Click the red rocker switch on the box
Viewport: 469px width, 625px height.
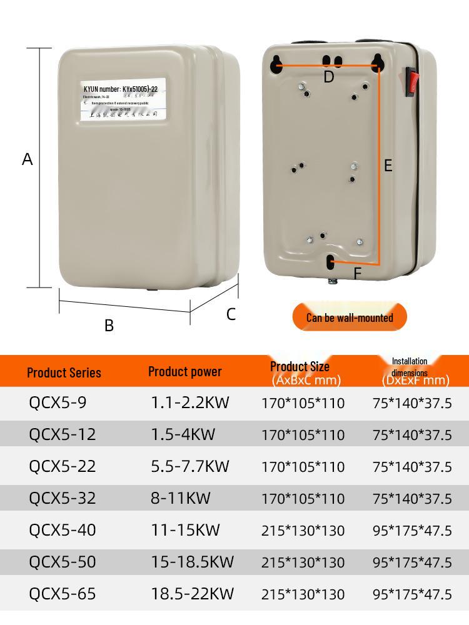(411, 82)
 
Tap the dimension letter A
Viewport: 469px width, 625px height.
(27, 159)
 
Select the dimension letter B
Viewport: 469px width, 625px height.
(109, 326)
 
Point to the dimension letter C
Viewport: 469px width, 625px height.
(231, 314)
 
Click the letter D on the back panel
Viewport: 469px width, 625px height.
(329, 77)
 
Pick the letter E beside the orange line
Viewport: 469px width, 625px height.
(388, 166)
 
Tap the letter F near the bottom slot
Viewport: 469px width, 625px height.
(357, 274)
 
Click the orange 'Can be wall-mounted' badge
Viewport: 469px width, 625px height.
(350, 317)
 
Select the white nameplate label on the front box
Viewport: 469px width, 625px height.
(124, 100)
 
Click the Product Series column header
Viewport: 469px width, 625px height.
(64, 372)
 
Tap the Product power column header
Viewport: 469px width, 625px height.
(184, 371)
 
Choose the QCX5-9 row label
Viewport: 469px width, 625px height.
(58, 402)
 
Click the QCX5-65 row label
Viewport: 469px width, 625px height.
(63, 593)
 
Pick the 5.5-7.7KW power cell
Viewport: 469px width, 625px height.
(189, 466)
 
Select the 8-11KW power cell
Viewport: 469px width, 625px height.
(180, 498)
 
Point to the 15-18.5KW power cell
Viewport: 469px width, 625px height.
(192, 562)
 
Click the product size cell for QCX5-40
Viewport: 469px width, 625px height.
(303, 531)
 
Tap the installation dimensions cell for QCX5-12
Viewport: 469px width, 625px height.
(411, 435)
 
